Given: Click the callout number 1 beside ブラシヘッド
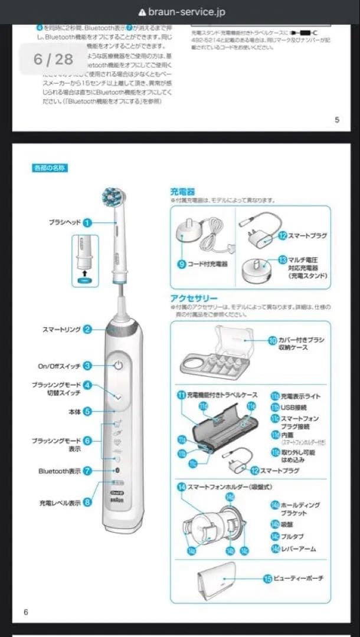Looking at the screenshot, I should (x=87, y=222).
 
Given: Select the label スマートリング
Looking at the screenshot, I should (x=61, y=329).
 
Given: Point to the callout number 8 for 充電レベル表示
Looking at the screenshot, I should (x=87, y=503).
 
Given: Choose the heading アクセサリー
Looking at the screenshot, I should (x=194, y=298).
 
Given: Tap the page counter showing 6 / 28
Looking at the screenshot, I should (x=53, y=58).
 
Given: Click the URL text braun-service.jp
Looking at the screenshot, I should (x=186, y=12).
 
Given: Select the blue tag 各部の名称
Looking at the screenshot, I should (x=50, y=168).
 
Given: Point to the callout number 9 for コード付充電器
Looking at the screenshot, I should (x=182, y=264).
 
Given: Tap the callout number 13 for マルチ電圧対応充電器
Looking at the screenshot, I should (x=283, y=260).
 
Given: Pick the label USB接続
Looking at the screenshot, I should (x=293, y=407).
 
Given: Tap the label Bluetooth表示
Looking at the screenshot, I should (x=60, y=471).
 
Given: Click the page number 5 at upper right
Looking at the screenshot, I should (x=337, y=120).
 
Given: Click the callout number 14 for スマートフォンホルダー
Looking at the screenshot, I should (x=181, y=487).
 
